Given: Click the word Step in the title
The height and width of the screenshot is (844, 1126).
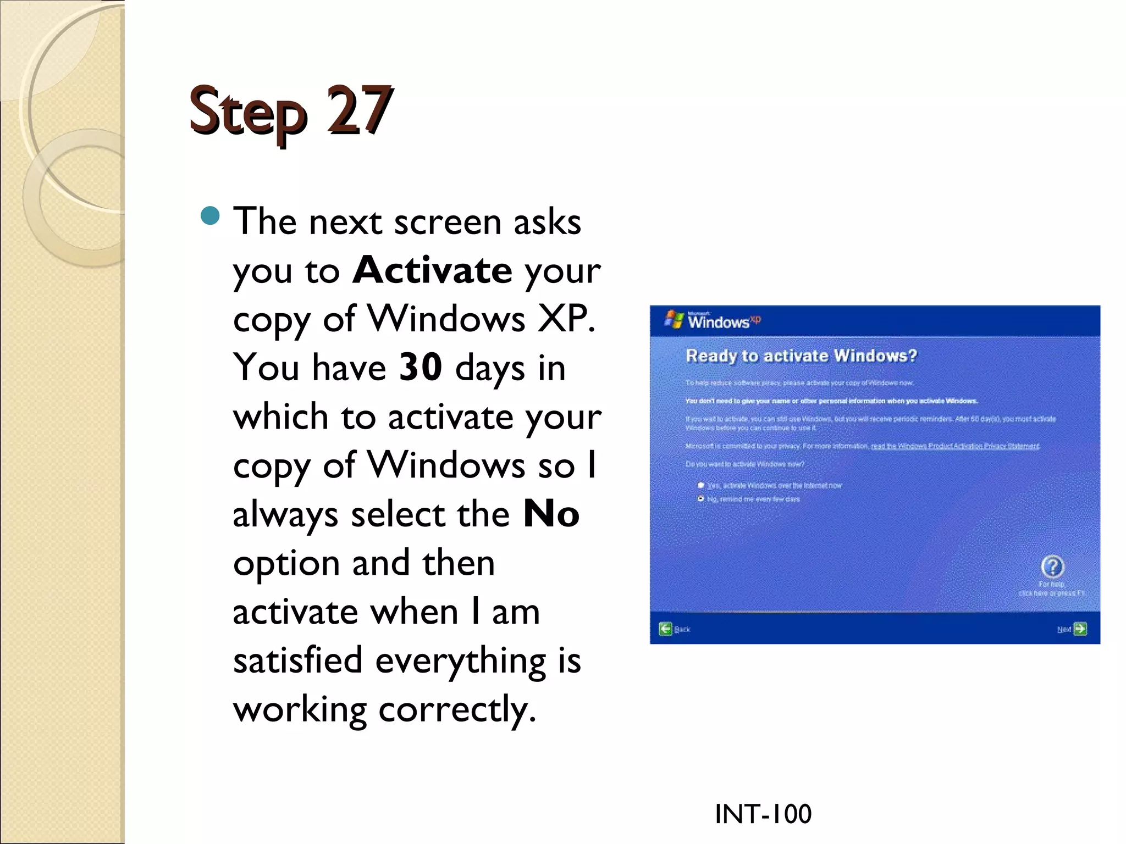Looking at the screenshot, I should click(247, 113).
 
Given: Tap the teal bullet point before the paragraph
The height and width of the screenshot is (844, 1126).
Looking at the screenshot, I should click(210, 216).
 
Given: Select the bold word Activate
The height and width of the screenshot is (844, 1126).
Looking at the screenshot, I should click(432, 270).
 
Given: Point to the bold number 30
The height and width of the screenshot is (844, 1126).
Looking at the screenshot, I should click(421, 367).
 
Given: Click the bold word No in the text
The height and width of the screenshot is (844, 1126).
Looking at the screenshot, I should click(551, 514).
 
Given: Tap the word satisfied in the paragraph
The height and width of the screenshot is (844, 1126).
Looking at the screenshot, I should click(297, 660).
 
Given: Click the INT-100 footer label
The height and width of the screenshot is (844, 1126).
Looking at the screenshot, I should click(763, 814).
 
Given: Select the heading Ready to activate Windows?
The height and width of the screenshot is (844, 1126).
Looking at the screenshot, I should click(801, 356).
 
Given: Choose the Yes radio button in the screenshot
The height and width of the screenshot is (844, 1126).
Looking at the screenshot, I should click(701, 485).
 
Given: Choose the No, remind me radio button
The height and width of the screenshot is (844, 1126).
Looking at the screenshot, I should click(701, 499).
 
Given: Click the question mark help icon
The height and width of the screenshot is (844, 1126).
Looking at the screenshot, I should click(1052, 567).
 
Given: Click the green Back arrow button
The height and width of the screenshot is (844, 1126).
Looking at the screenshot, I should click(665, 629).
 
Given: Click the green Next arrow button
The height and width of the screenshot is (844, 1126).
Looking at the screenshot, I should click(1080, 629).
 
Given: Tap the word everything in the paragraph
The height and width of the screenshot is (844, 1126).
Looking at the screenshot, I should click(460, 660).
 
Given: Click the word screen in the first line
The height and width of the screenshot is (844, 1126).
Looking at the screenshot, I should click(448, 221).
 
